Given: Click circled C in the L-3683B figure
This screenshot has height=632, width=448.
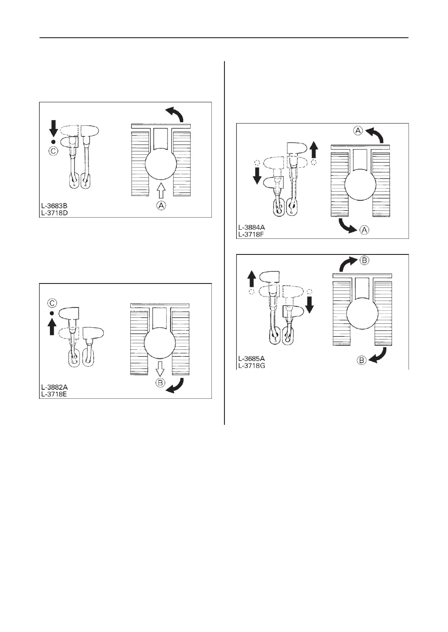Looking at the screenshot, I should click(53, 151).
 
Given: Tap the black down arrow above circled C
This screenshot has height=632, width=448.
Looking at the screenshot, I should click(53, 128).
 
